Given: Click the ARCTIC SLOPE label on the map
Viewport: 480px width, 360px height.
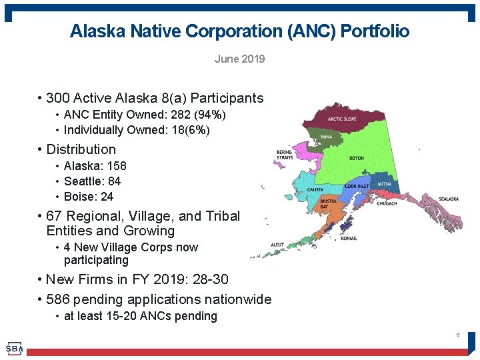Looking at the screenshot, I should click(x=342, y=119).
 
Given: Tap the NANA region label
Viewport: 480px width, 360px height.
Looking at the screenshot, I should click(x=327, y=137).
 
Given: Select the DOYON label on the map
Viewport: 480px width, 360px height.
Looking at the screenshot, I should click(x=357, y=159).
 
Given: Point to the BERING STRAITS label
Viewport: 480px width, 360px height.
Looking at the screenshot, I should click(x=285, y=155).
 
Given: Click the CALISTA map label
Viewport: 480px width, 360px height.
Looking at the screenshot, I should click(x=315, y=189).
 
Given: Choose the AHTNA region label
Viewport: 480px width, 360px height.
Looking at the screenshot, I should click(x=384, y=183).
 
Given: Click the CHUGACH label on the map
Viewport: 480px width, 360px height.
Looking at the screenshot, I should click(x=386, y=203).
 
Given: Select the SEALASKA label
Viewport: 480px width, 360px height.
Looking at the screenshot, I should click(x=449, y=199).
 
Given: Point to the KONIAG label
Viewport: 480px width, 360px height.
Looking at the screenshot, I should click(x=349, y=238).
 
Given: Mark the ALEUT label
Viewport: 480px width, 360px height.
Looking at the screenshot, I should click(x=277, y=245).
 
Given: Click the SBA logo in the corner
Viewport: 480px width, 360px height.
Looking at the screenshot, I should click(x=14, y=348).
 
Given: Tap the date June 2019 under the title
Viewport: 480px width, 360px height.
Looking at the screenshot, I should click(x=239, y=59).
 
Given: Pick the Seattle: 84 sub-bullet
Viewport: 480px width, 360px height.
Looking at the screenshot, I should click(x=92, y=181).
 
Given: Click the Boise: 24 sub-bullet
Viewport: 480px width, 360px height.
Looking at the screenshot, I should click(x=88, y=197).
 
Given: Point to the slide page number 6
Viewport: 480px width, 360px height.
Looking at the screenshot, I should click(x=458, y=334).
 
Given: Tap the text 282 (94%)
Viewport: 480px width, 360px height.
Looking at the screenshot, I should click(x=198, y=115).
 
